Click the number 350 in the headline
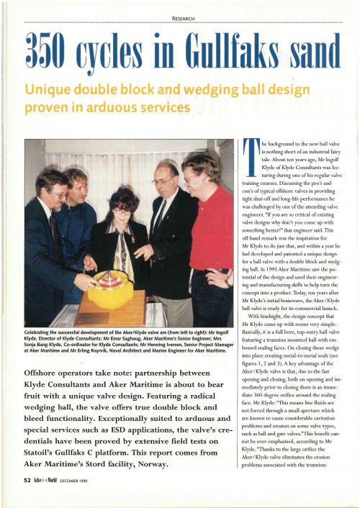pyautogui.click(x=58, y=51)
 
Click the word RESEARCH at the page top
pyautogui.click(x=180, y=8)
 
